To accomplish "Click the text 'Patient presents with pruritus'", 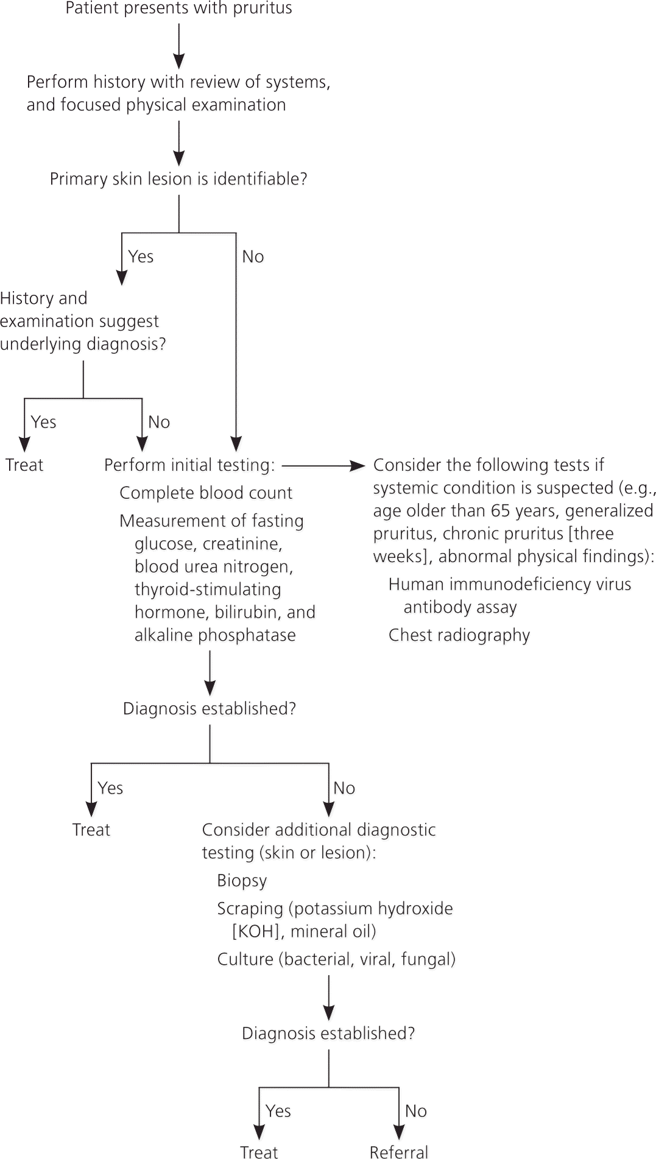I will (x=178, y=9).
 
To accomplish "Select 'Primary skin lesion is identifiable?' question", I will (x=178, y=179).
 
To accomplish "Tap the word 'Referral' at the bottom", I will (x=399, y=1151).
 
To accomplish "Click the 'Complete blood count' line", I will (x=206, y=493).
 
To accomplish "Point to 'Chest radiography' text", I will (x=459, y=635).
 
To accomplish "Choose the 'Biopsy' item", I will (x=242, y=881).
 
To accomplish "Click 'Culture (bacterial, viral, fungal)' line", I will (x=336, y=959).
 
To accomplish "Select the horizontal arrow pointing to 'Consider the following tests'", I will (x=323, y=466).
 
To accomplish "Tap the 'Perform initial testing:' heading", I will (x=189, y=465).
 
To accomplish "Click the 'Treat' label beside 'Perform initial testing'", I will (x=24, y=465).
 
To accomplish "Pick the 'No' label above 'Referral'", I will (x=416, y=1111).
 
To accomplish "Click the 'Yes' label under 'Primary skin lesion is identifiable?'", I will (x=141, y=256).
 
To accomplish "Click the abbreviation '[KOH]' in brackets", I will (x=255, y=931).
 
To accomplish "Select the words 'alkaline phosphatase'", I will (x=215, y=635).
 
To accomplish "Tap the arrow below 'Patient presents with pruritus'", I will (x=178, y=46).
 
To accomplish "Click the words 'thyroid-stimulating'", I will (x=208, y=590).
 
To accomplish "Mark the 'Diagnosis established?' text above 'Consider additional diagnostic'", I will (x=210, y=709).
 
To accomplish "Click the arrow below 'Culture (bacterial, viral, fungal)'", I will (x=329, y=997).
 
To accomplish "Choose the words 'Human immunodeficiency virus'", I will (x=510, y=584).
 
